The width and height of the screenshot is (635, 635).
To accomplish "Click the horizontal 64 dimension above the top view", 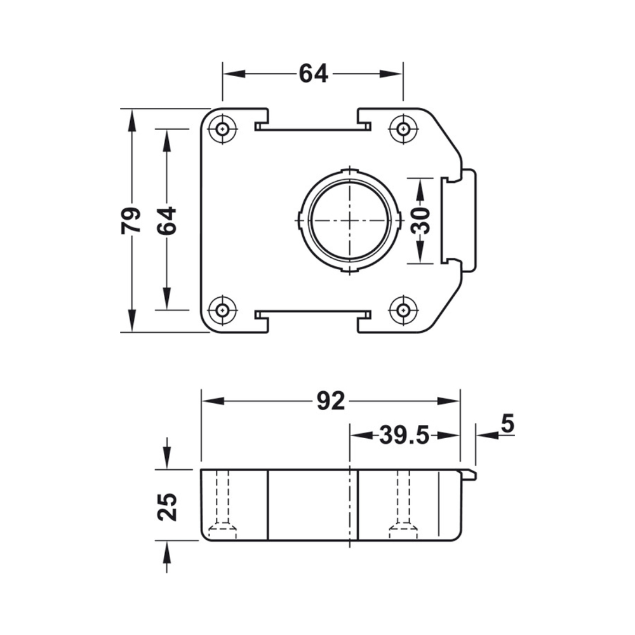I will [313, 74].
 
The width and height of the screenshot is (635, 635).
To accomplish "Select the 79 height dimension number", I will [131, 220].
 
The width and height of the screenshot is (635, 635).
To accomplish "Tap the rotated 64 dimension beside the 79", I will [167, 220].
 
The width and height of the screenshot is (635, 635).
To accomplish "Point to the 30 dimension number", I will [419, 220].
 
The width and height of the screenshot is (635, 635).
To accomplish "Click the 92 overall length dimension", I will [330, 401].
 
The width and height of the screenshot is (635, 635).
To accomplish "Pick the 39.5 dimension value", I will [404, 436].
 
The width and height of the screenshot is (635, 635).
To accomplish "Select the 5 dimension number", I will [507, 424].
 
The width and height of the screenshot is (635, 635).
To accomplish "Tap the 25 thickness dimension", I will [168, 505].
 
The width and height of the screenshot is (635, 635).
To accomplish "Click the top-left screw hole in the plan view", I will [222, 130].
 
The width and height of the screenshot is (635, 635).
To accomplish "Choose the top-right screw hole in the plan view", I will [403, 130].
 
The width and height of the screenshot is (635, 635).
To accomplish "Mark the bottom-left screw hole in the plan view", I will [222, 310].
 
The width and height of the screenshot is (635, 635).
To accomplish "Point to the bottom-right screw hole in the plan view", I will [403, 310].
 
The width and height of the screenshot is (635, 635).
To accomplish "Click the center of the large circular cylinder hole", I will [349, 220].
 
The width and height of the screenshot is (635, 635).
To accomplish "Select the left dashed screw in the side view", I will [222, 505].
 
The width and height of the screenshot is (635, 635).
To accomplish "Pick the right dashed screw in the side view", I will [403, 505].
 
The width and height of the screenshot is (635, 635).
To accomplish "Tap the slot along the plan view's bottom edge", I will [312, 313].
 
